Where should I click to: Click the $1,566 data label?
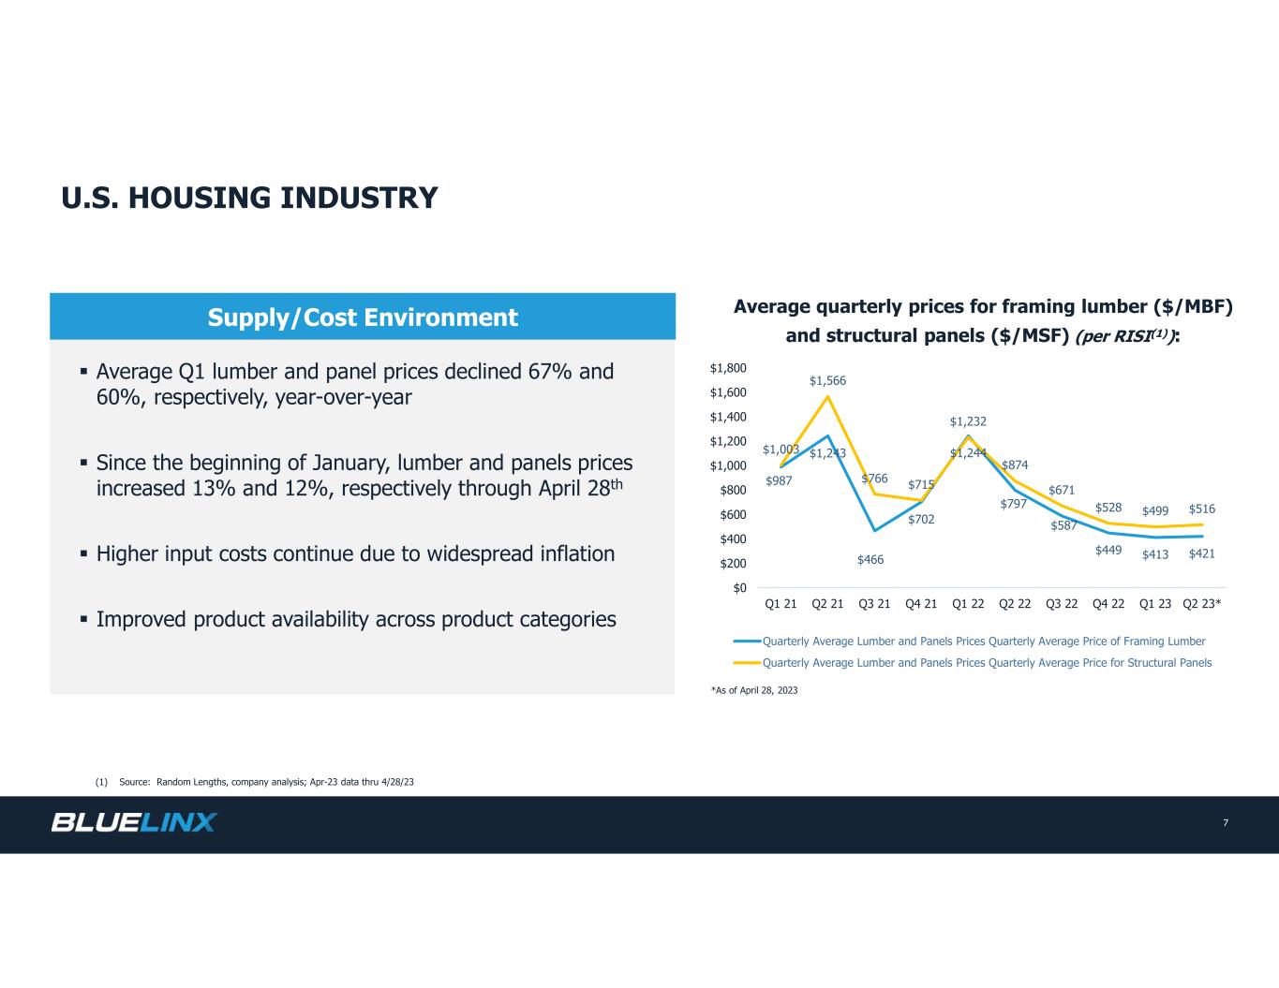(827, 380)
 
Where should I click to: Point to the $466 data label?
(870, 559)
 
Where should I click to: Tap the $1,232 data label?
(968, 421)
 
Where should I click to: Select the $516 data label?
(1201, 509)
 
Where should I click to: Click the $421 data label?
(1201, 553)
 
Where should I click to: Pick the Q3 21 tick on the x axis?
(874, 603)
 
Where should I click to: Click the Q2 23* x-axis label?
(1201, 603)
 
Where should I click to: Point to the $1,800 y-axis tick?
(727, 368)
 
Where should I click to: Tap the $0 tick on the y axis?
(739, 587)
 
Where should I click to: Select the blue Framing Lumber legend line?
(748, 641)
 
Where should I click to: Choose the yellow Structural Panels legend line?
(748, 663)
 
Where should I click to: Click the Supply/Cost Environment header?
(363, 317)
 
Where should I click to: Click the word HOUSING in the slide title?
(201, 198)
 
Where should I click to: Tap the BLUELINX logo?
(134, 822)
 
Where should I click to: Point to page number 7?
(1226, 823)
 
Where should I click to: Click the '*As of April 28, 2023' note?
(754, 690)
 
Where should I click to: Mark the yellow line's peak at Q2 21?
(827, 396)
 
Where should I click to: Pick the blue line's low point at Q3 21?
(874, 530)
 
